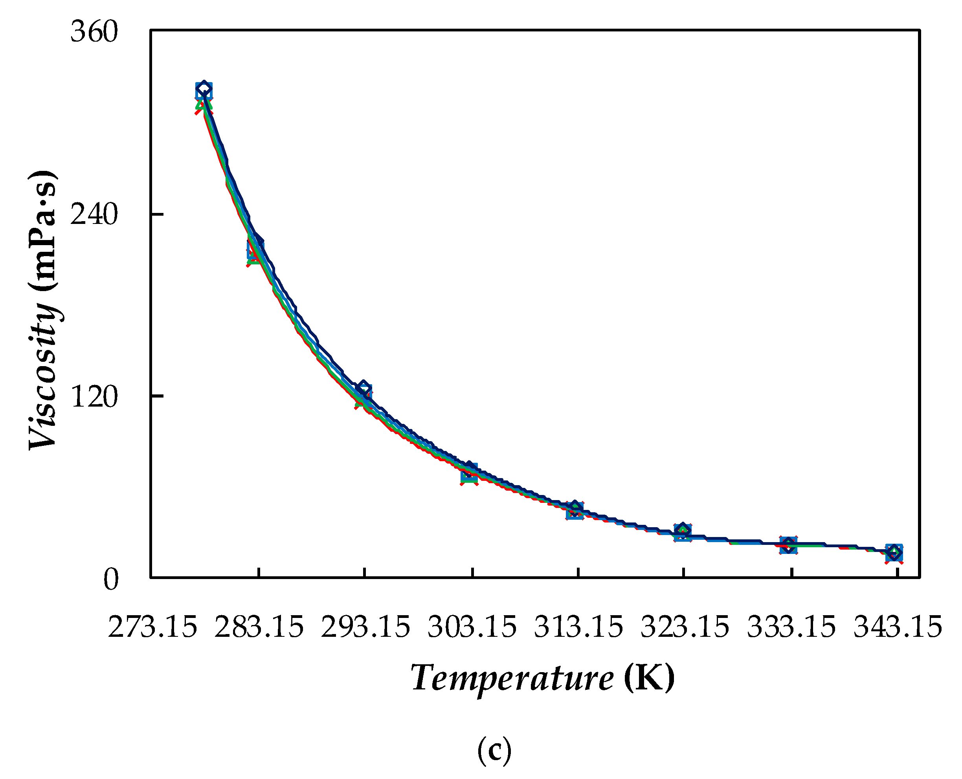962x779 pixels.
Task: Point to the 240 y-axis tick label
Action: coord(94,214)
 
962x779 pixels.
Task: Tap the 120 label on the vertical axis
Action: coord(94,396)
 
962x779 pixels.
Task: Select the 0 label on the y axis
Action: coord(111,579)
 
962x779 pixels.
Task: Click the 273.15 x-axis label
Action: coord(152,627)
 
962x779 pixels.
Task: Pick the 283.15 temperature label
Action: coord(259,627)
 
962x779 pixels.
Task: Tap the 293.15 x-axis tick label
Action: coord(365,627)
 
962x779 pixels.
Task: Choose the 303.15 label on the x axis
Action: coord(472,627)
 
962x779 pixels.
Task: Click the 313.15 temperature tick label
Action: coord(578,627)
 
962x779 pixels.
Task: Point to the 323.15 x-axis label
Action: coord(685,627)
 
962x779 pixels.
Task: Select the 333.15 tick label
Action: coord(791,627)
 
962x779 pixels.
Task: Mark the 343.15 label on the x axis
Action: coord(898,627)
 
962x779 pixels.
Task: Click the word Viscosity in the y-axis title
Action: coord(43,374)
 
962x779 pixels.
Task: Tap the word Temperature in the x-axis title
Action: coord(512,678)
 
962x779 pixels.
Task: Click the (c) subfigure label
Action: coord(494,750)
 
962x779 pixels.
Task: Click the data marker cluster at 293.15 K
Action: coord(364,392)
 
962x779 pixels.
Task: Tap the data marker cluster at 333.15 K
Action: coord(788,545)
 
